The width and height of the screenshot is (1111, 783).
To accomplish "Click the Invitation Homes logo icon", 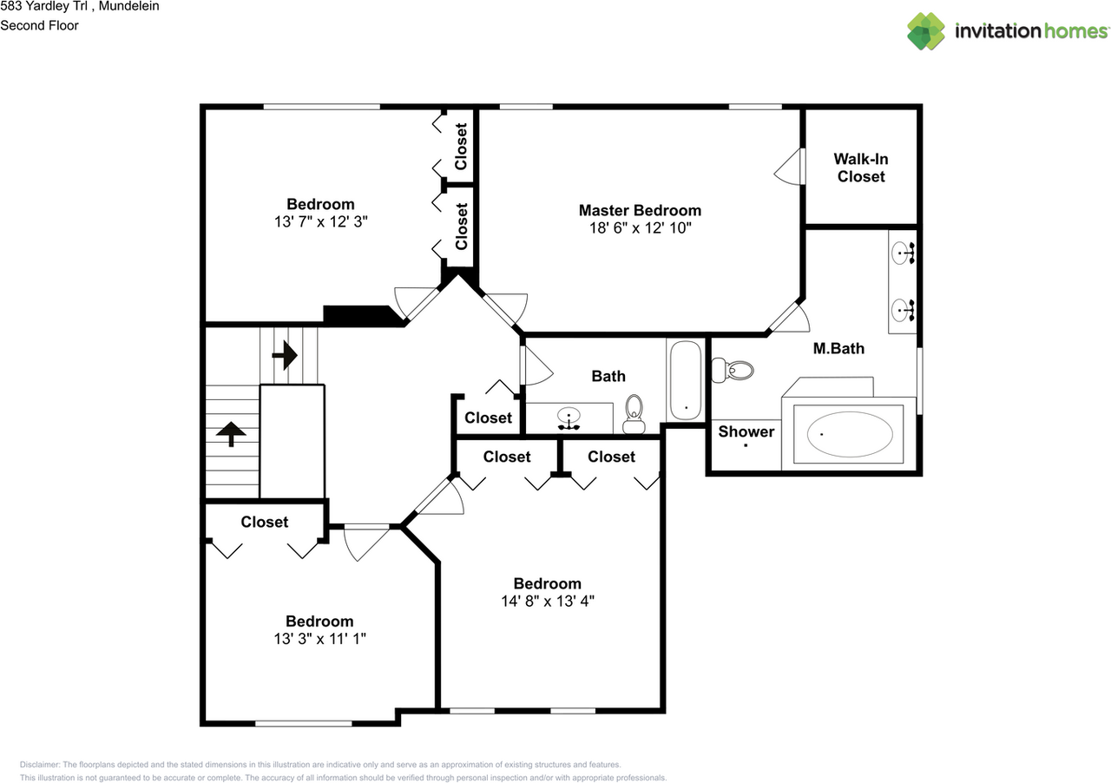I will click(926, 31).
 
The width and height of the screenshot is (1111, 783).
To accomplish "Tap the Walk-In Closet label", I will click(860, 168).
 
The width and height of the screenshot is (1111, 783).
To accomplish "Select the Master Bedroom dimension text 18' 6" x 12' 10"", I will click(640, 228).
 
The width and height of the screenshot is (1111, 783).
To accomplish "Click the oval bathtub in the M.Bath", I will click(849, 433).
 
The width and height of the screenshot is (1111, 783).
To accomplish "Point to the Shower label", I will click(746, 431).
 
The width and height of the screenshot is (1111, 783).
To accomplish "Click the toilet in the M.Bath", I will click(733, 371).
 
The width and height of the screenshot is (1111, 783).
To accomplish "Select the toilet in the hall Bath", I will click(634, 411).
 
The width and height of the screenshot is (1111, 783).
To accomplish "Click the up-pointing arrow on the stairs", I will click(232, 433).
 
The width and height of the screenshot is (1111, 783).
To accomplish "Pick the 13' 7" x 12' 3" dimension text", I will click(320, 221).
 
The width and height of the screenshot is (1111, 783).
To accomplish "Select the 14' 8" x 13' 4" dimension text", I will click(547, 601).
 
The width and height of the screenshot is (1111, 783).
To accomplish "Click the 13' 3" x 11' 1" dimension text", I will click(319, 638).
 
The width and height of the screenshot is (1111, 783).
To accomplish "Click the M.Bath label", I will click(838, 349).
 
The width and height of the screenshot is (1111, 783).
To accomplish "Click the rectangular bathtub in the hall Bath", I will click(686, 378).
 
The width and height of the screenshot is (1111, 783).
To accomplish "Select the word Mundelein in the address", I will click(128, 6).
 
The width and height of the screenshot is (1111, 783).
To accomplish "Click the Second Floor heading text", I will click(39, 25).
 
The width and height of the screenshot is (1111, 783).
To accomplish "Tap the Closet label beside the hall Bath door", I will click(488, 418).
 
